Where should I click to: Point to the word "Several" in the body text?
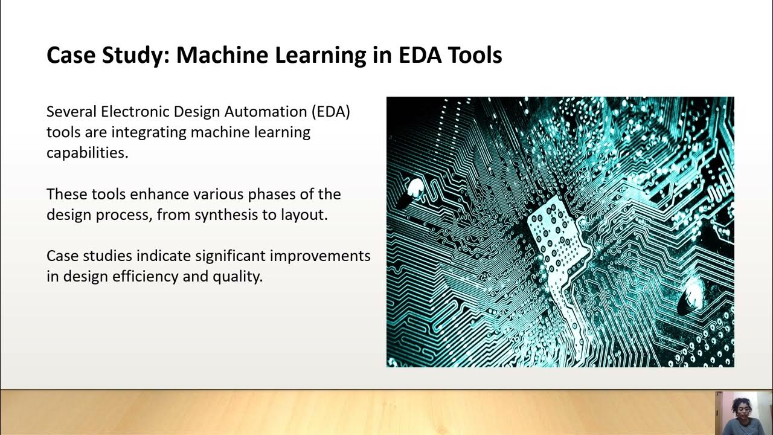71,112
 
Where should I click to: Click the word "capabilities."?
88,153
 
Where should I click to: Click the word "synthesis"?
227,215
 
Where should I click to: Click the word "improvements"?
320,256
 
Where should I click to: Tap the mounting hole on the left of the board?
415,190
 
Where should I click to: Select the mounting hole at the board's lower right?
690,297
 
